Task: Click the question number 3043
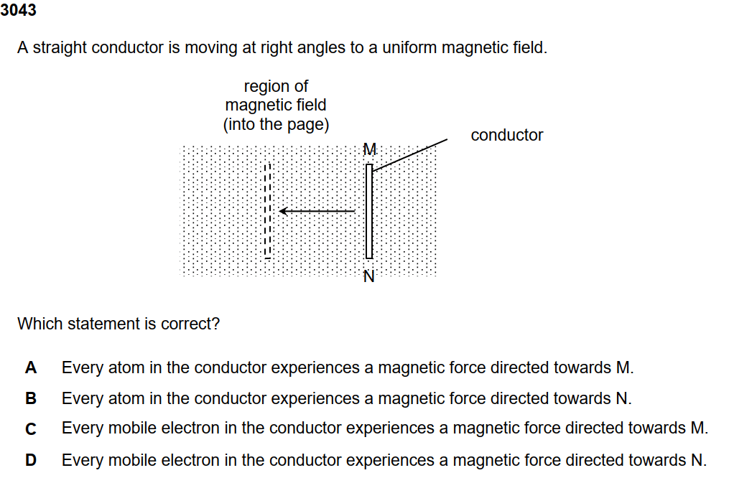19,11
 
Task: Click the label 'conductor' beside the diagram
506,135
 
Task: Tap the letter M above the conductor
369,150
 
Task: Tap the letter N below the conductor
369,276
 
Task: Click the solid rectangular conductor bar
369,212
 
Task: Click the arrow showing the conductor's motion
316,211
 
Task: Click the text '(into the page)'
276,124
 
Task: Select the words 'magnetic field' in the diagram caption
276,105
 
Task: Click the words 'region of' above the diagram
276,86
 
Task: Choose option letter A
30,368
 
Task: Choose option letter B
30,398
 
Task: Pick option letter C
30,429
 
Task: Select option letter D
30,460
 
